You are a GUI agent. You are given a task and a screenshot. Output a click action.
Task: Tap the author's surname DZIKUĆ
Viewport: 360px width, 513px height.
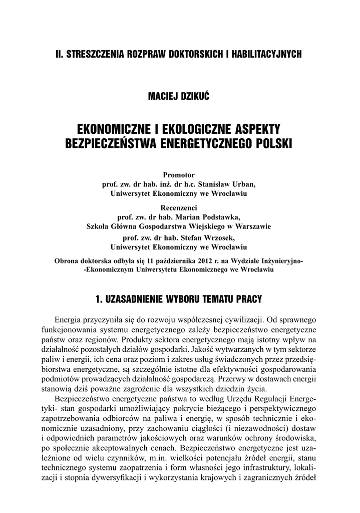(x=194, y=96)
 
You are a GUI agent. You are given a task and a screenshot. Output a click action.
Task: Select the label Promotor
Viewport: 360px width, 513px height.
(x=180, y=175)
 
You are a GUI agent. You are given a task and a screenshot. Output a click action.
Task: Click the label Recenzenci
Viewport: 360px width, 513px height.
(x=180, y=207)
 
